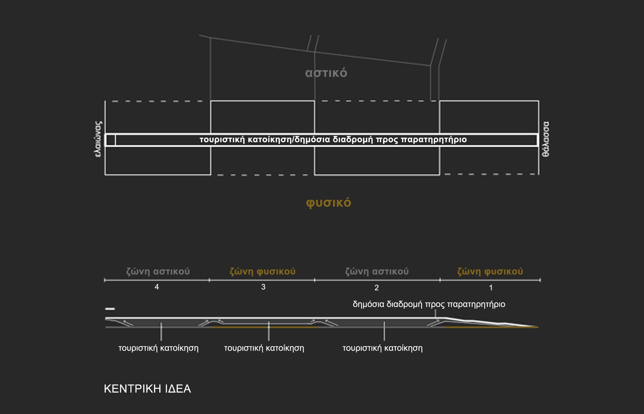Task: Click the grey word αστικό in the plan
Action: [326, 73]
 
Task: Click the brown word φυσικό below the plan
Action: [329, 203]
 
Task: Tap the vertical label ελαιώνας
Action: [98, 139]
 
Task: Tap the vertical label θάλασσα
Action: [546, 139]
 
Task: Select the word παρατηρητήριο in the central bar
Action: [434, 140]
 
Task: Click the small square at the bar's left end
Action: [111, 140]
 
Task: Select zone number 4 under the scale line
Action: [157, 287]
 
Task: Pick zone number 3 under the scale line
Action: [263, 287]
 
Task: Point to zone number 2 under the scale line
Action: [377, 288]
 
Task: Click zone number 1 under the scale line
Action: [491, 288]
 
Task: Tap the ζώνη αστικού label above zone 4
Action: [158, 271]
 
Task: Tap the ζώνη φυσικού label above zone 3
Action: [262, 271]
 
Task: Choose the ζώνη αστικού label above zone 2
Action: [377, 271]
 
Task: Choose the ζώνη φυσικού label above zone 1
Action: [490, 271]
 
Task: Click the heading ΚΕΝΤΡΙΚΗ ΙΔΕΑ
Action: [147, 389]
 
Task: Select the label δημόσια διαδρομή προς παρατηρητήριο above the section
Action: [429, 305]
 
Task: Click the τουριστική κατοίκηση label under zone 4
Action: [159, 348]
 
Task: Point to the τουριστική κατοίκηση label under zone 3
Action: [264, 348]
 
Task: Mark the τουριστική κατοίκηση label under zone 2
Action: [382, 348]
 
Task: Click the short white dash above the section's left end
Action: [110, 309]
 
